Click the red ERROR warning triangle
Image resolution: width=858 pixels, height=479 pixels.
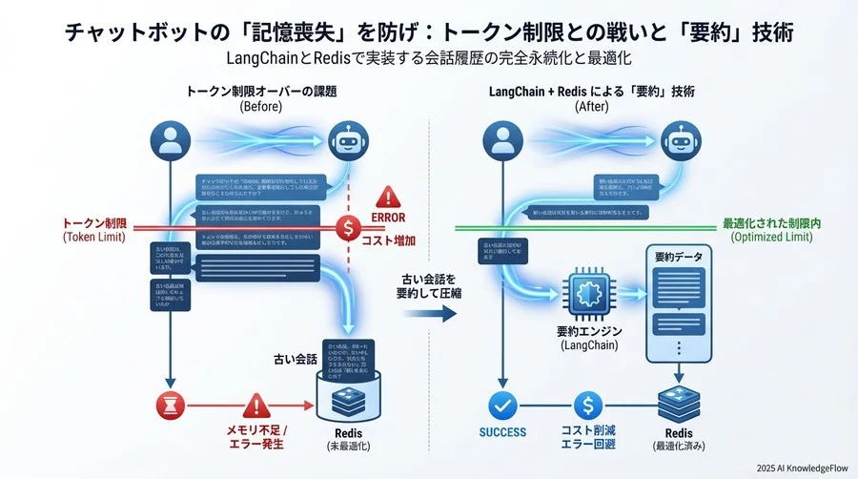pos(389,198)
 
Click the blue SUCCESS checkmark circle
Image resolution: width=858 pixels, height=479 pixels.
pos(502,406)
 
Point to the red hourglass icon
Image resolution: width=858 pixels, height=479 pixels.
pos(168,406)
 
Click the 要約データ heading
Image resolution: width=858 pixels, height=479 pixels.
pos(679,257)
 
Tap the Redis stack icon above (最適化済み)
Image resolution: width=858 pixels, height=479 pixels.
pos(680,406)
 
